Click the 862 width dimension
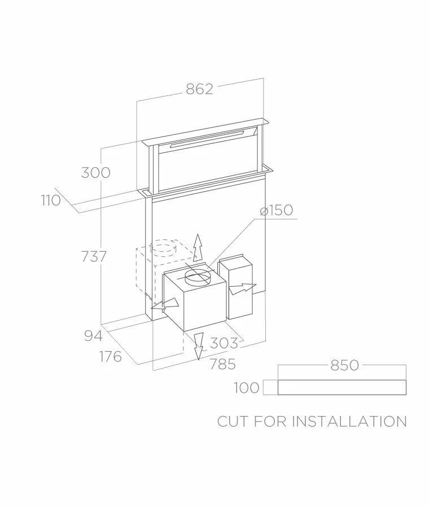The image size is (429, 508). tap(200, 89)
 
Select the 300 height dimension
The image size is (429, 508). tap(95, 172)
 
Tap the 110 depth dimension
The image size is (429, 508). tap(51, 200)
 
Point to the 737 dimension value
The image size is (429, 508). tap(94, 257)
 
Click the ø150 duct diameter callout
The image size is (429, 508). tap(277, 210)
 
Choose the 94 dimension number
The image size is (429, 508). tap(94, 336)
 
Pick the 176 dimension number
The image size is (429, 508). tap(111, 357)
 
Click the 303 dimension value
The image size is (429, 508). tap(224, 343)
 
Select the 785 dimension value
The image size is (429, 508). tap(222, 364)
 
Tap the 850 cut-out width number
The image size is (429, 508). tap(345, 365)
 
